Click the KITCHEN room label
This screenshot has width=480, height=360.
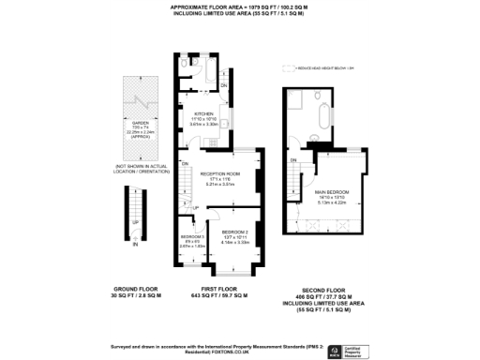(206, 114)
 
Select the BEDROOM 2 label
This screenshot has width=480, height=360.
(234, 231)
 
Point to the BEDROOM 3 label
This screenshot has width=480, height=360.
(191, 236)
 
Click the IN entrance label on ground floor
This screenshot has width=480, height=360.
(135, 244)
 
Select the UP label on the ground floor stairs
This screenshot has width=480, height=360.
(135, 222)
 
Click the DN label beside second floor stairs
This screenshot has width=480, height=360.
(293, 161)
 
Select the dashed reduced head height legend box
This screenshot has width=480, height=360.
(287, 68)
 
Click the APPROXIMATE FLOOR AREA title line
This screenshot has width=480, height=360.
(239, 6)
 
